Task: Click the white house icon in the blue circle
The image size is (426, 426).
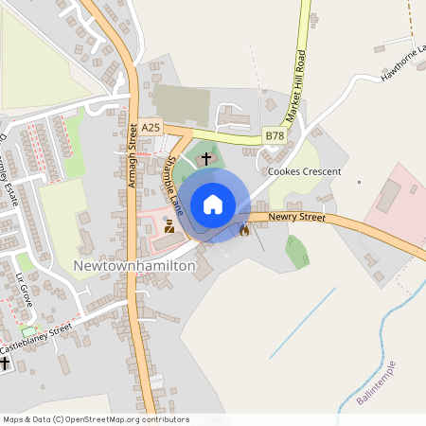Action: [213, 204]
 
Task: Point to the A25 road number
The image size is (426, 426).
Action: [151, 126]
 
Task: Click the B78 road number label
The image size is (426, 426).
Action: [275, 136]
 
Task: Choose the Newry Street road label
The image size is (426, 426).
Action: [296, 218]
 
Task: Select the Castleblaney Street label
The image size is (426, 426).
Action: [36, 338]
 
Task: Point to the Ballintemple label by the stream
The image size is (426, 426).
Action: [377, 384]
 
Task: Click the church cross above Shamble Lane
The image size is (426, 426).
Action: [206, 159]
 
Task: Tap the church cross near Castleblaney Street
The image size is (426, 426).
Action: [5, 364]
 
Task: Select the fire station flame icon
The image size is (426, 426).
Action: [244, 229]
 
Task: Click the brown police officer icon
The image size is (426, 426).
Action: [169, 226]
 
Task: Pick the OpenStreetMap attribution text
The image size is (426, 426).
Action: [83, 418]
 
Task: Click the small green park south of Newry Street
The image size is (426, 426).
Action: [296, 251]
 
